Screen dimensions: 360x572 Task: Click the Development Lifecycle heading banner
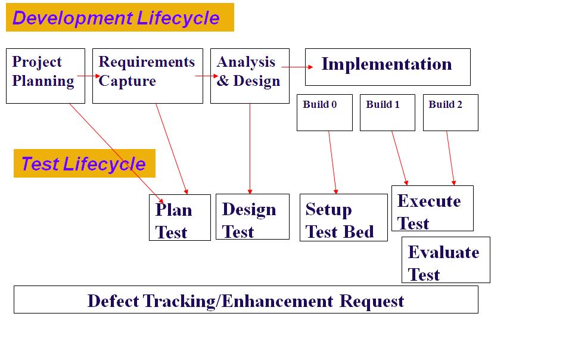(120, 17)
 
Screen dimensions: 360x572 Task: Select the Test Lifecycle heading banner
(84, 163)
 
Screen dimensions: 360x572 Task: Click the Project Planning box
(45, 76)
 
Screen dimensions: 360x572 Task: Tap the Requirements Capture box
(147, 76)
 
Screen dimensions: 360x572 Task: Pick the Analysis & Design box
(250, 76)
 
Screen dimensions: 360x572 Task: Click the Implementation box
(387, 67)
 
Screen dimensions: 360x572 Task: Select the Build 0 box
(324, 113)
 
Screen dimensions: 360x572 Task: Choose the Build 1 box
(387, 113)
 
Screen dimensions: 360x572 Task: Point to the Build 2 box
(450, 113)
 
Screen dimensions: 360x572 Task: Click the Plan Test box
(179, 218)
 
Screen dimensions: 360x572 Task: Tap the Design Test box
(252, 216)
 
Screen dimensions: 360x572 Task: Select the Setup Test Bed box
(343, 218)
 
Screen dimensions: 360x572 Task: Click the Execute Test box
(432, 208)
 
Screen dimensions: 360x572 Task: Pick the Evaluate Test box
(446, 260)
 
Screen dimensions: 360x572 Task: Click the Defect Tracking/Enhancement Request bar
(245, 299)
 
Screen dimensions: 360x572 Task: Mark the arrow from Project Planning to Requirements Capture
(89, 76)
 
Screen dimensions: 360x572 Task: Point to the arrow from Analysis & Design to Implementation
(297, 67)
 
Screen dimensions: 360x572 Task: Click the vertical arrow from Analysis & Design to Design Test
(250, 149)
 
